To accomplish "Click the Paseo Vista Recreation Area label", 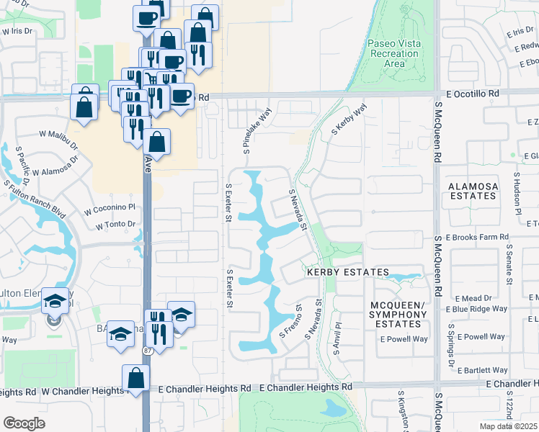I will (x=393, y=54).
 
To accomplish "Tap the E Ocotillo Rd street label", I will (x=473, y=94).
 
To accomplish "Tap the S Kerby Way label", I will (x=349, y=119).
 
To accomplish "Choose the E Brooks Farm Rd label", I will (x=477, y=237).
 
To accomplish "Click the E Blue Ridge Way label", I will (x=476, y=309).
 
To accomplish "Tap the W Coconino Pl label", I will (x=110, y=209).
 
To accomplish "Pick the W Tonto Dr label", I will (x=115, y=224).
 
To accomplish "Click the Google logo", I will (x=24, y=423).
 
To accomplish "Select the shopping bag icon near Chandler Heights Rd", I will (x=136, y=378).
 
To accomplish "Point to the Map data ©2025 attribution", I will (x=508, y=426).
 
